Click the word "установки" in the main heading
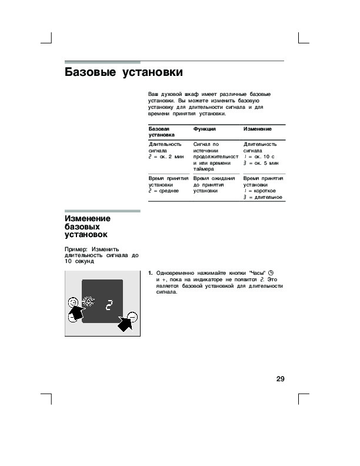[152, 72]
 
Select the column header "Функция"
[204, 128]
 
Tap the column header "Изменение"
[258, 128]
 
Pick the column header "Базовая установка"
[159, 131]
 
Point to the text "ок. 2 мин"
[171, 157]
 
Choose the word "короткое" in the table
[266, 191]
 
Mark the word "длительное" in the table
[267, 197]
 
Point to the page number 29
[280, 378]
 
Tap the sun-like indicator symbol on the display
[88, 303]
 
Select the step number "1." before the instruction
[151, 273]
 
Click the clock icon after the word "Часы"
[271, 273]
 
